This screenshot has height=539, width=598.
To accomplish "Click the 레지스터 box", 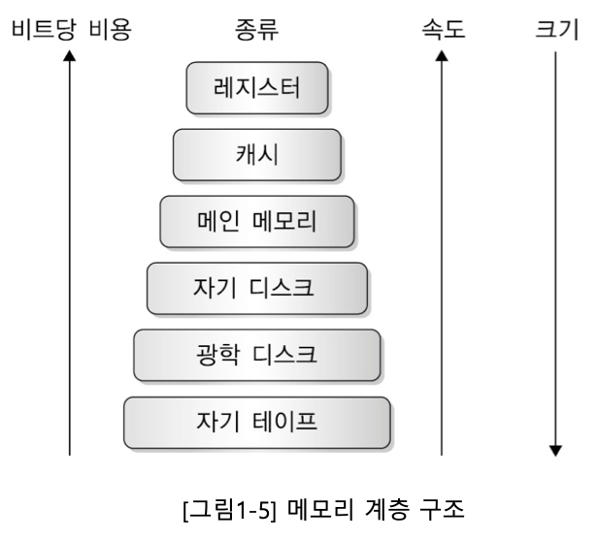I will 257,89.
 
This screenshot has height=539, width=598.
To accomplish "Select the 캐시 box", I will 257,155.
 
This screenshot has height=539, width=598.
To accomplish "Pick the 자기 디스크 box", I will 257,288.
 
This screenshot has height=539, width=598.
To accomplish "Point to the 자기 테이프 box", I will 257,421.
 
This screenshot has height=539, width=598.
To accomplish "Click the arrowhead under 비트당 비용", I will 70,57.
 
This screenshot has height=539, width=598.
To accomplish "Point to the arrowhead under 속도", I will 443,57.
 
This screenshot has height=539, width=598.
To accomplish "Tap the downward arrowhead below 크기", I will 555,449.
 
